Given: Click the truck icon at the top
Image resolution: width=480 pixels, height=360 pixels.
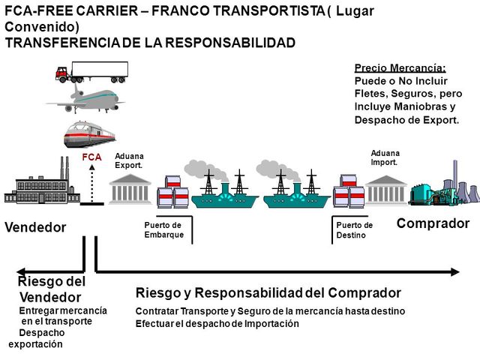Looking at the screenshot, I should (x=91, y=73).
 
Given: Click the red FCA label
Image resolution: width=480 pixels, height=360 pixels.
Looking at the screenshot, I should (x=91, y=157).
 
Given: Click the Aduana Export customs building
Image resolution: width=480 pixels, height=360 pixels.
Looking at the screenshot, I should (x=130, y=188).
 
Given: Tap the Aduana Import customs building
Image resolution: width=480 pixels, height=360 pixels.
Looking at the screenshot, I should (x=386, y=190).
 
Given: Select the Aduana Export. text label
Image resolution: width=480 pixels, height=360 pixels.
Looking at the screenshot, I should (x=128, y=160).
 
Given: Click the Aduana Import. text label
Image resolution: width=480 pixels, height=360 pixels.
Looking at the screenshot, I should (x=385, y=157).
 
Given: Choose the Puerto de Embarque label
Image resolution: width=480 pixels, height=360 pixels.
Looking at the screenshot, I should (x=163, y=229).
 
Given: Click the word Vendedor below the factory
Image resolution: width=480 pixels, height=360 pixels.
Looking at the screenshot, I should (x=35, y=226).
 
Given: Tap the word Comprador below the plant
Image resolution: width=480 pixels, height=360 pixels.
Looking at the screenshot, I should (x=433, y=223).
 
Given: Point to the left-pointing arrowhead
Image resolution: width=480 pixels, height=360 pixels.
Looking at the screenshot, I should (x=22, y=271).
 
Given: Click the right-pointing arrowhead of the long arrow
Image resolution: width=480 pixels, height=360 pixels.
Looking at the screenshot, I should (x=454, y=271).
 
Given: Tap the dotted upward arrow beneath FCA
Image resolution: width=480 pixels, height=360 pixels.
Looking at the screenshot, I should (x=91, y=183).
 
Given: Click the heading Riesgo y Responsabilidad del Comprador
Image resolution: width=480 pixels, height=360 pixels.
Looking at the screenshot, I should (x=268, y=292).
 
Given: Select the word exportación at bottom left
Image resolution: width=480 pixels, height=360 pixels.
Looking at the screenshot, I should (x=36, y=344).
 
